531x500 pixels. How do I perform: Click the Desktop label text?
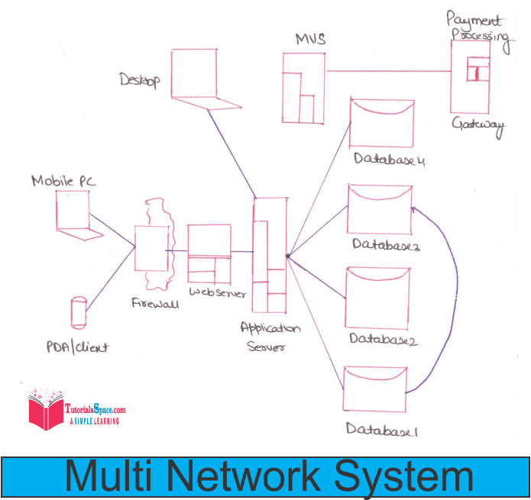(139, 80)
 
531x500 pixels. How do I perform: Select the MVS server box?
(303, 87)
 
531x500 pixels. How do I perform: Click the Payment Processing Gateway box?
(469, 76)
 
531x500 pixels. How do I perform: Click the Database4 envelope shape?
(381, 122)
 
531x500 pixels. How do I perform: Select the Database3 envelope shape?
(379, 209)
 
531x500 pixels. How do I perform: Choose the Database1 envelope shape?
(374, 389)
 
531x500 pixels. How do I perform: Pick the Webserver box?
(209, 253)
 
